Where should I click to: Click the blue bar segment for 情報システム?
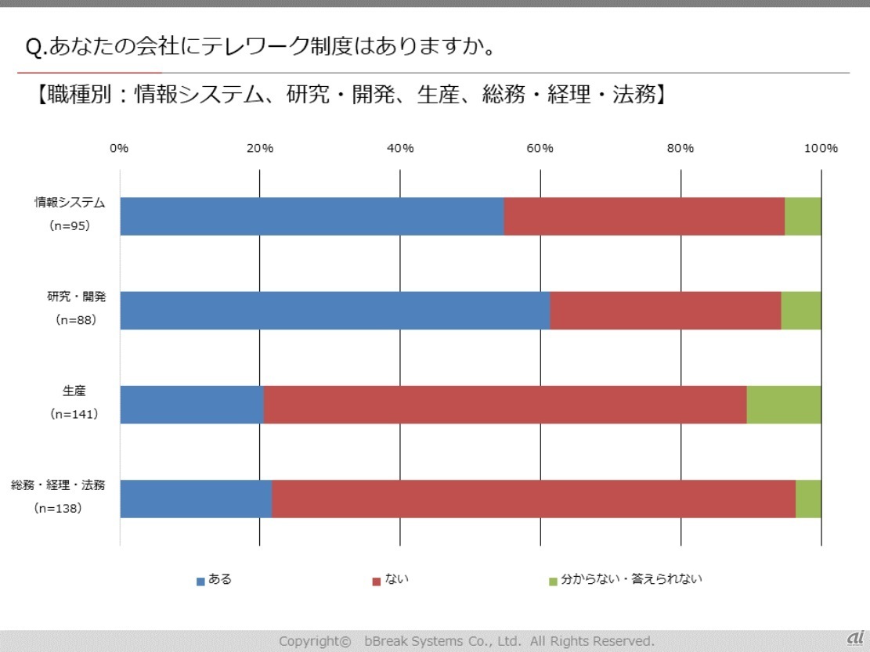312,216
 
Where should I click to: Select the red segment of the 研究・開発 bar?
666,310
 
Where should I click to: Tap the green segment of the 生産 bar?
784,404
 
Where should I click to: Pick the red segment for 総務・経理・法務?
533,499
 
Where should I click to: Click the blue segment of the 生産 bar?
192,404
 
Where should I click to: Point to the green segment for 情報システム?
803,216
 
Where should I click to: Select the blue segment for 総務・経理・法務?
196,499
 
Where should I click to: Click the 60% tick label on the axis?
540,149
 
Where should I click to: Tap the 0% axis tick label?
119,149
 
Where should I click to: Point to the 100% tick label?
821,149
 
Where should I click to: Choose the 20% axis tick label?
260,149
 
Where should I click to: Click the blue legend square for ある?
200,582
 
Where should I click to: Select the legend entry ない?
396,580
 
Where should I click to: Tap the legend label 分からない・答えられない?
631,580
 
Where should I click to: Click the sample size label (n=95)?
69,226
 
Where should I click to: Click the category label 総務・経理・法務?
58,485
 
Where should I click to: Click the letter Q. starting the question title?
35,48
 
